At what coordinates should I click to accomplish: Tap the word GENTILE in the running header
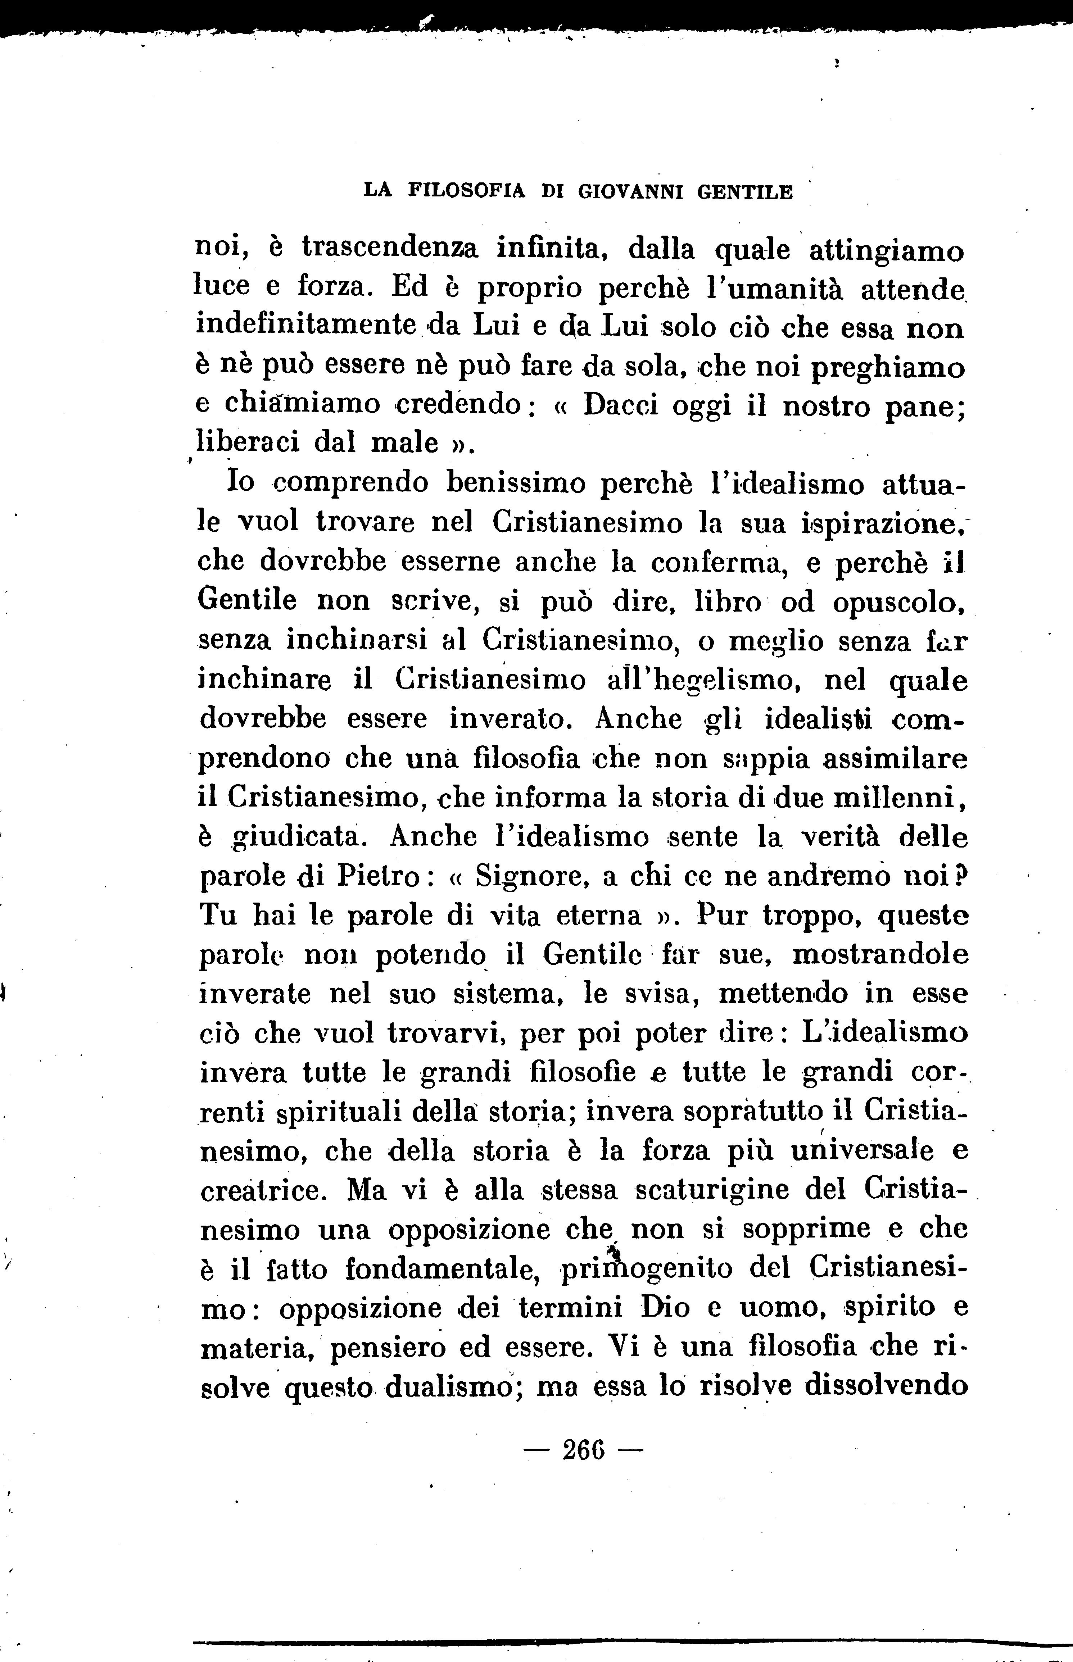[745, 191]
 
